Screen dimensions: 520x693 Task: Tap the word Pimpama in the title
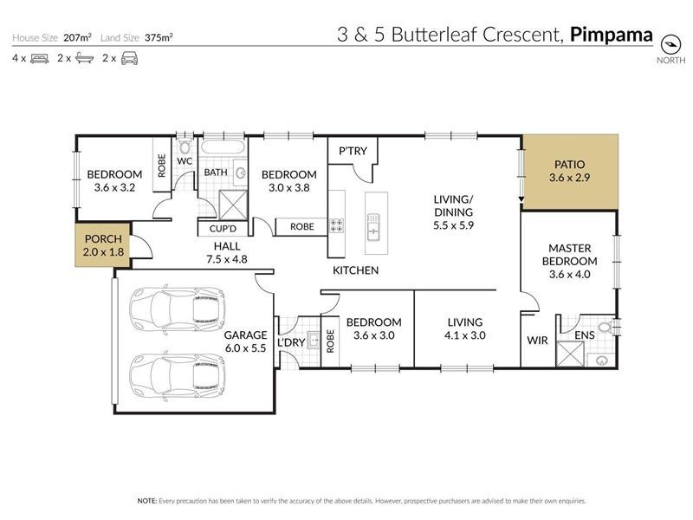tap(612, 36)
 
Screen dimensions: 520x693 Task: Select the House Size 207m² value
tap(76, 38)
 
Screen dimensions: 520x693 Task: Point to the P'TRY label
tap(353, 152)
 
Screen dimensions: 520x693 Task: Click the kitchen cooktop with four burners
tap(336, 227)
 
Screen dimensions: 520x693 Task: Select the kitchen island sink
tap(373, 230)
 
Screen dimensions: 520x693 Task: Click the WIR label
tap(537, 341)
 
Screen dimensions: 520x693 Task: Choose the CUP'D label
tap(217, 229)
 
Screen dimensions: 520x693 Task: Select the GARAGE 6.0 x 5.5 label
tap(245, 341)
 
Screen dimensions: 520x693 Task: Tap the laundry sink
tap(314, 338)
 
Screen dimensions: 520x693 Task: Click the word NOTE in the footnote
tap(146, 501)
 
